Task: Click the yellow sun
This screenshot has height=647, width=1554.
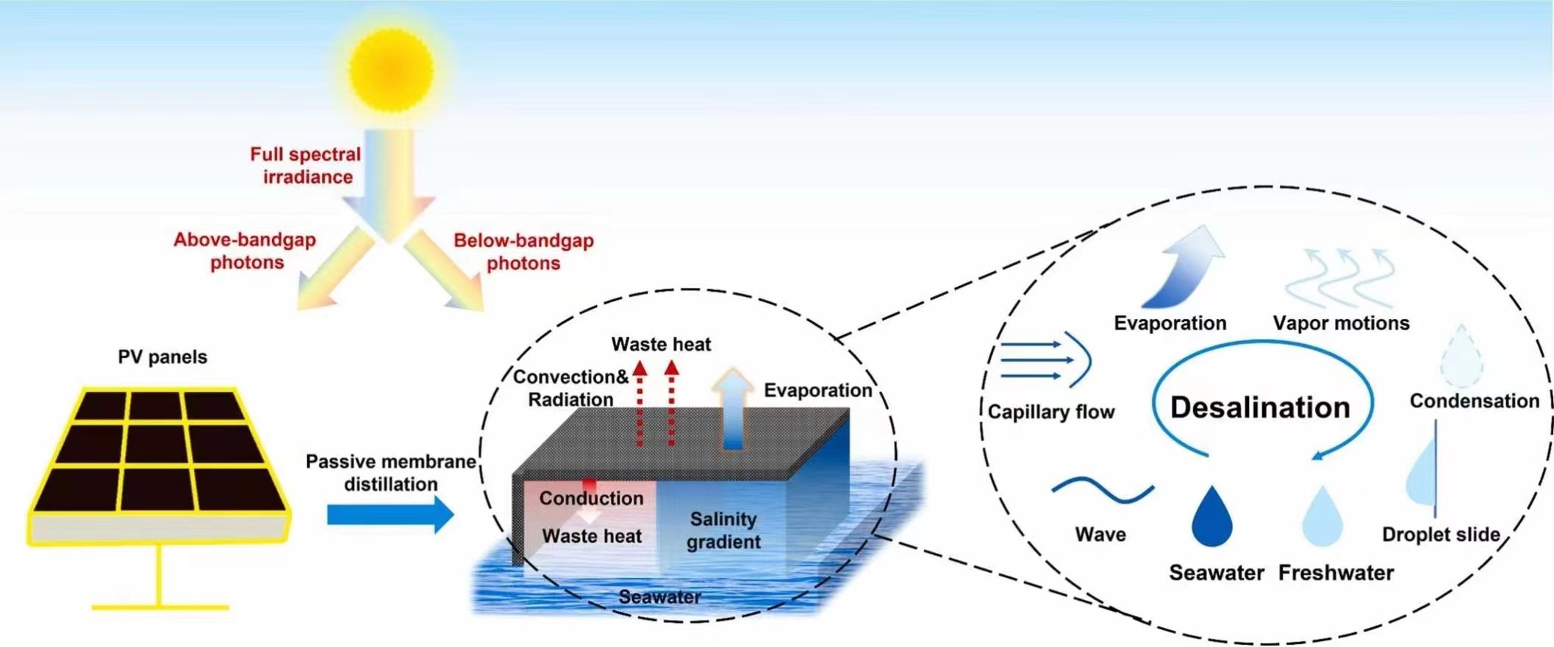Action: click(391, 71)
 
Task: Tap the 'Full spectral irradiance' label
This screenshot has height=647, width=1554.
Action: click(306, 165)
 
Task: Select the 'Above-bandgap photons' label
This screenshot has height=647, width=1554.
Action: click(245, 251)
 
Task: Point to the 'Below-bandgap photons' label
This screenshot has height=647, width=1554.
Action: click(523, 251)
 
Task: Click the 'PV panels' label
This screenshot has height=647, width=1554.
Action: click(162, 357)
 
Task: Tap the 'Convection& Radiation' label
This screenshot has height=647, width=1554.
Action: click(570, 388)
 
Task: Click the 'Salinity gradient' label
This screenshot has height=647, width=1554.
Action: click(723, 530)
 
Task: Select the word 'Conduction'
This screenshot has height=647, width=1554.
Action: click(591, 498)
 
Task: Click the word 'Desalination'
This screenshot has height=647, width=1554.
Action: click(1260, 407)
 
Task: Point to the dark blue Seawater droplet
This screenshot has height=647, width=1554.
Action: click(1211, 518)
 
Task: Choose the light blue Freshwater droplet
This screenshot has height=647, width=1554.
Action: click(1322, 518)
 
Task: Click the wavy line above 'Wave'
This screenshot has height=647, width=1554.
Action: click(1102, 490)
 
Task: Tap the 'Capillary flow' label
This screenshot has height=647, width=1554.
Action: click(1050, 412)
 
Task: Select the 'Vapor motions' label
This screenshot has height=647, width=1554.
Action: click(1341, 323)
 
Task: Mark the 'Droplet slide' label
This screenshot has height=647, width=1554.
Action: click(1440, 535)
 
